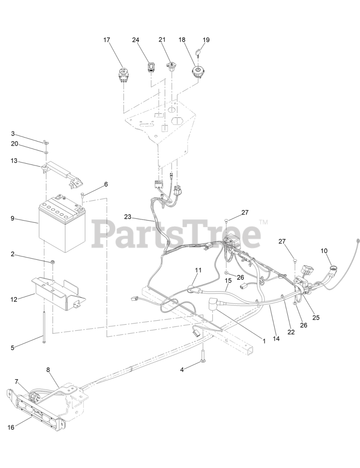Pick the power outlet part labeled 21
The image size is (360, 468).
(171, 66)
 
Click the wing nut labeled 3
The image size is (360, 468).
(48, 142)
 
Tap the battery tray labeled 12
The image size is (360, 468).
(58, 289)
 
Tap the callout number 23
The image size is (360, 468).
(128, 216)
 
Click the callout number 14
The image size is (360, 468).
(276, 339)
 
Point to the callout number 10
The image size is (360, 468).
(324, 251)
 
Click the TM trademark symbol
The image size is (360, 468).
(264, 222)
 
